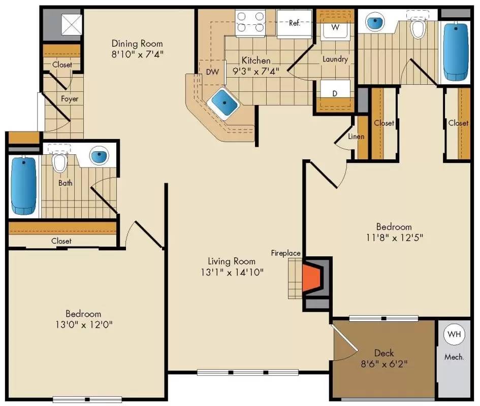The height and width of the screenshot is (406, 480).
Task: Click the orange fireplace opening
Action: click(311, 278)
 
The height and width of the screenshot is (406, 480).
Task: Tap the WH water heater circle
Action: click(454, 334)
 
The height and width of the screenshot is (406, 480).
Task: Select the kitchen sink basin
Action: click(223, 102)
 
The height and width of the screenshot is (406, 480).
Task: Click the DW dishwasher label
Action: click(212, 72)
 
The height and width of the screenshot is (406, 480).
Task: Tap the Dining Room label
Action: click(137, 43)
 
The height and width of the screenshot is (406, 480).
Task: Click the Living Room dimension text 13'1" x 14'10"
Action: click(231, 272)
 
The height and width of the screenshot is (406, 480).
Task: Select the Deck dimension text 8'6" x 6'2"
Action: click(384, 363)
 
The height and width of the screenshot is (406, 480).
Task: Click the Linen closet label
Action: click(356, 137)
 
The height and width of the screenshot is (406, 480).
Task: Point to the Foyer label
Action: click(70, 98)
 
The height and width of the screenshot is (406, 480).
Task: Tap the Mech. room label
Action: click(454, 357)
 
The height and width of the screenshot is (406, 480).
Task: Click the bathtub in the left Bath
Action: click(24, 186)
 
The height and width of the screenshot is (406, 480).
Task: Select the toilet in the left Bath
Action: click(60, 162)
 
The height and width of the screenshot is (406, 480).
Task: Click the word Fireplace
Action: click(285, 253)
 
